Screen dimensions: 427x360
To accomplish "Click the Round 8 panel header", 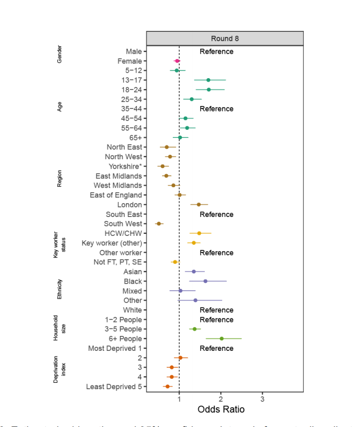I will coord(225,38).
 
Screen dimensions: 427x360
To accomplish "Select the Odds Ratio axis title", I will coord(221,410).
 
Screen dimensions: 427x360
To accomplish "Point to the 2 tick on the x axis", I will coord(221,398).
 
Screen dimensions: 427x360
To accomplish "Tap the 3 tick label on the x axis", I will coord(262,398).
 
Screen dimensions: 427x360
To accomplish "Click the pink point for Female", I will coord(177,61).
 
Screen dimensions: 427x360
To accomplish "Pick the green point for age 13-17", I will coord(208,80).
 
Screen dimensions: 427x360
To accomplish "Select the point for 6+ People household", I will coord(222,338).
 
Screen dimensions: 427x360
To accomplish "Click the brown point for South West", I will coord(159,224).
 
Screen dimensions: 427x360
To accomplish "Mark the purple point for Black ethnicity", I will coord(205,281).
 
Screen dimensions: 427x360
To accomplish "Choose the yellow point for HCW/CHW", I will coord(199,233).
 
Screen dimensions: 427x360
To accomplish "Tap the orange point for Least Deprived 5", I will coord(167,387).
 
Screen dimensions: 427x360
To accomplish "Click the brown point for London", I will coord(199,205).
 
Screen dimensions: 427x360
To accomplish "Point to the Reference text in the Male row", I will coord(216,51).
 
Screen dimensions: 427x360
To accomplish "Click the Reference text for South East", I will coord(216,214).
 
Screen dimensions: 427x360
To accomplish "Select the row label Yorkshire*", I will coord(125,166).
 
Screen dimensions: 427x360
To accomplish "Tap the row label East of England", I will coord(116,195).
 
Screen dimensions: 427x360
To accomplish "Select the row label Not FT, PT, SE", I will coord(118,262).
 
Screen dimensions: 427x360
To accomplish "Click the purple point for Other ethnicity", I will coord(195,301).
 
